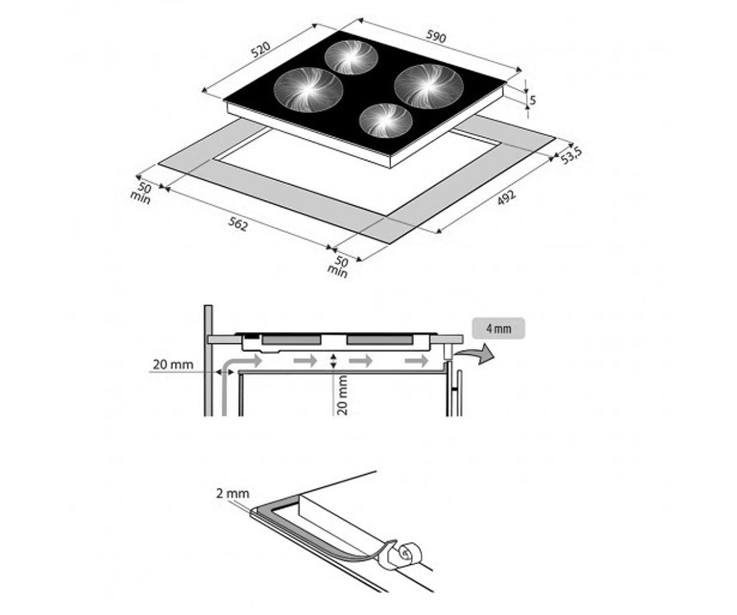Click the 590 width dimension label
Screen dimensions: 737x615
point(436,37)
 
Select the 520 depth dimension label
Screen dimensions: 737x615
point(260,49)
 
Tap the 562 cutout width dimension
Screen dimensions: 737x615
point(238,224)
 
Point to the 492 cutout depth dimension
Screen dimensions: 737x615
point(506,197)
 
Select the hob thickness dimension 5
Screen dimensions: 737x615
point(532,100)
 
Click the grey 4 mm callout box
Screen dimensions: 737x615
point(498,328)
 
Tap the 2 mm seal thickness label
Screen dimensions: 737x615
point(233,494)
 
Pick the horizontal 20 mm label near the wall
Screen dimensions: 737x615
point(173,365)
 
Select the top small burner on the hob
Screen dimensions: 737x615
point(351,57)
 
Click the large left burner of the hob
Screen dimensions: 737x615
point(308,90)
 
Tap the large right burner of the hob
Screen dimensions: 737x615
point(429,86)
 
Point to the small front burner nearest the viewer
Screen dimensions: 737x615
point(386,121)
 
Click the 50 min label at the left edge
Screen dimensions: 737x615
point(141,193)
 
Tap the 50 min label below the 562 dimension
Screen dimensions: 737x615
point(338,267)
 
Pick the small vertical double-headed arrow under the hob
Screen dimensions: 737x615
point(333,361)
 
